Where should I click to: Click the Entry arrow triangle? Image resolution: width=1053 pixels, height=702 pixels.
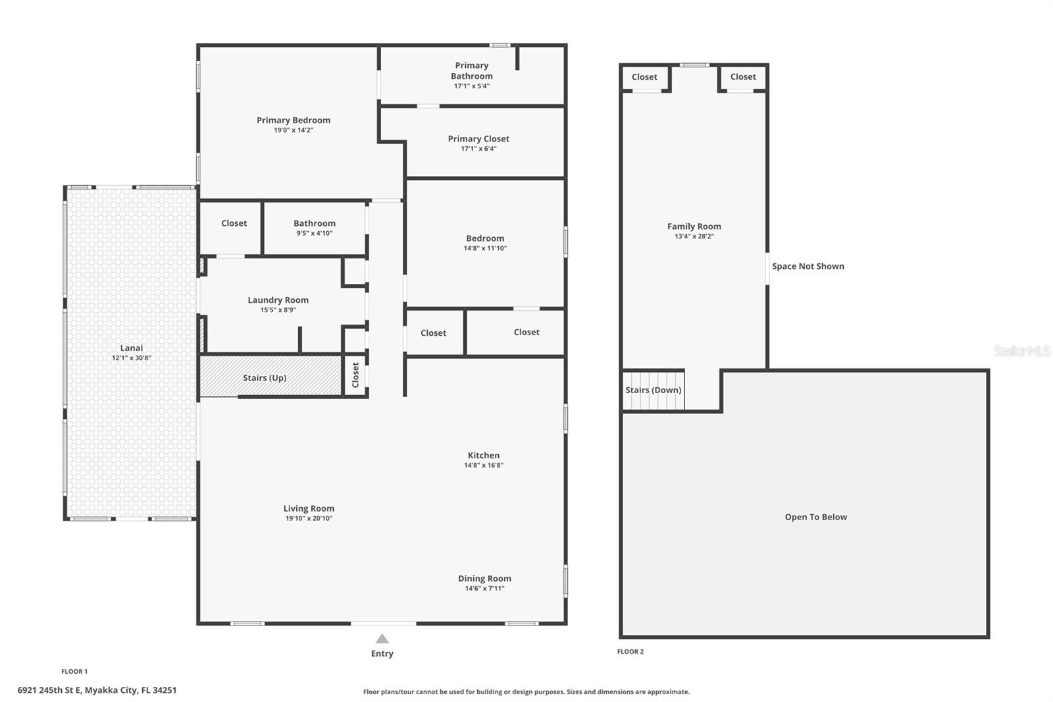click(x=382, y=639)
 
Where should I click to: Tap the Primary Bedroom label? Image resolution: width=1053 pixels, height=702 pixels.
click(x=294, y=121)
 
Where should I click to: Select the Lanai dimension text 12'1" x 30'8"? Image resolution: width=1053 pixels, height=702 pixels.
click(x=132, y=358)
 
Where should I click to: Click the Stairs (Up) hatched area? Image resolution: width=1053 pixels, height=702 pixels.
click(x=270, y=376)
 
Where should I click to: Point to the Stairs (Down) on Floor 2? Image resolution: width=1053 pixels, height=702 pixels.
click(x=654, y=390)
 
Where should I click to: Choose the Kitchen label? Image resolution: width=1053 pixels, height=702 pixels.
click(x=484, y=456)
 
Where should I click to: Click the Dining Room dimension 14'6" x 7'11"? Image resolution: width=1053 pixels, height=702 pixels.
click(x=484, y=589)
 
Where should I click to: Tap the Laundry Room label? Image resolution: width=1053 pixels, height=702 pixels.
click(x=278, y=300)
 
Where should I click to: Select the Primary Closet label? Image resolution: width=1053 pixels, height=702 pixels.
click(x=478, y=139)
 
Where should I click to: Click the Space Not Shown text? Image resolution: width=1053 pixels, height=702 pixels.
click(x=808, y=266)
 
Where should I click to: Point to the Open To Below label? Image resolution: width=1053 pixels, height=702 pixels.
click(x=816, y=517)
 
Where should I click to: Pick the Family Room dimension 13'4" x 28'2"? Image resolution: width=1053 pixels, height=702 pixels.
click(x=694, y=236)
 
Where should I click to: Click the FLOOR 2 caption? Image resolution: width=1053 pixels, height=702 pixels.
click(x=630, y=652)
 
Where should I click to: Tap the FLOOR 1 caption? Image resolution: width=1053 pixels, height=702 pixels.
click(x=74, y=672)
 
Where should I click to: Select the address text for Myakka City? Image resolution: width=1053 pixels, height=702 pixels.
click(x=97, y=690)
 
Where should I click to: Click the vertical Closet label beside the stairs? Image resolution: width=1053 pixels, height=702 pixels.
click(x=355, y=375)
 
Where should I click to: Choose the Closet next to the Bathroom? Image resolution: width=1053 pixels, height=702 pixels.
click(x=234, y=223)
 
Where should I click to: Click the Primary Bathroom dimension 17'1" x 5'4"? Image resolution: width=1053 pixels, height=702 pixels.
click(x=471, y=86)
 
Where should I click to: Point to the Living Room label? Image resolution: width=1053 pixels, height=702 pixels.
click(x=309, y=508)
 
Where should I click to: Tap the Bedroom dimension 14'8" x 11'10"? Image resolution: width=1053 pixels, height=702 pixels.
click(x=485, y=248)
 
